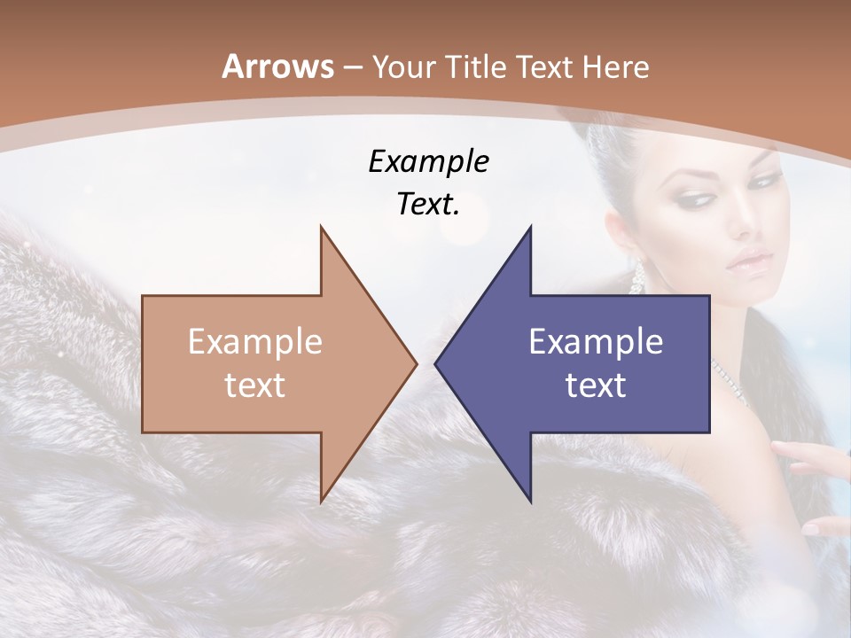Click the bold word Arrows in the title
[277, 66]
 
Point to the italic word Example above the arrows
[428, 162]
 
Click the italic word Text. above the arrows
[428, 205]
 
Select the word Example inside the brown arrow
[255, 342]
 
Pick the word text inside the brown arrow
[255, 385]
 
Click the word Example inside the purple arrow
[596, 342]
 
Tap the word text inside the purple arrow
[596, 385]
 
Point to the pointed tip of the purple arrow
[436, 363]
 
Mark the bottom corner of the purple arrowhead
[530, 501]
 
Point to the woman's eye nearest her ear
[694, 198]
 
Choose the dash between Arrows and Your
[353, 67]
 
